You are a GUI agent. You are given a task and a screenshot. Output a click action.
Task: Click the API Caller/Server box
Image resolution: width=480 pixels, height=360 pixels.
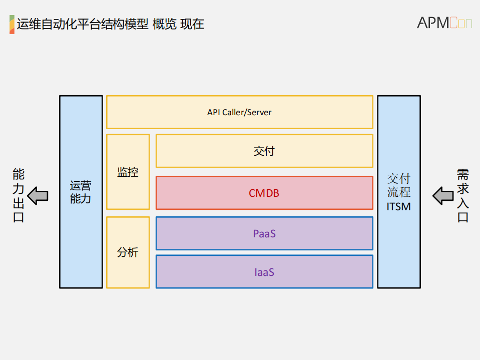pyautogui.click(x=239, y=112)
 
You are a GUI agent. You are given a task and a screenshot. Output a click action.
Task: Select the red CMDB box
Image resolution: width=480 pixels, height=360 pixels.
pyautogui.click(x=264, y=193)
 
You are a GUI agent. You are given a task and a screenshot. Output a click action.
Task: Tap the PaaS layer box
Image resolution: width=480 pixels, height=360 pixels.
pyautogui.click(x=264, y=233)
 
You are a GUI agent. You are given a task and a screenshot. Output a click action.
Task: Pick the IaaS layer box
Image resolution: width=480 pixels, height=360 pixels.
pyautogui.click(x=264, y=272)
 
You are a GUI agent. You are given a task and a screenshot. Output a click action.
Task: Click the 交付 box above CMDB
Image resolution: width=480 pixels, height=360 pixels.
pyautogui.click(x=264, y=151)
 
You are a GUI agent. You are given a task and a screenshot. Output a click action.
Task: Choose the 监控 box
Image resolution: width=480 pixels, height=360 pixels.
pyautogui.click(x=128, y=172)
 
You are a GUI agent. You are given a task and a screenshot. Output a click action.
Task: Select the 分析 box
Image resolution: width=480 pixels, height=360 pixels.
pyautogui.click(x=128, y=252)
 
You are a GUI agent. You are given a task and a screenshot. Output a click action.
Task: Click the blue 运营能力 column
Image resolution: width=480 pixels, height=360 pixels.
pyautogui.click(x=81, y=192)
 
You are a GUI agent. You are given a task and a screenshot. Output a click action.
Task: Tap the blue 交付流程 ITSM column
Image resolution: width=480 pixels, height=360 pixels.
pyautogui.click(x=398, y=192)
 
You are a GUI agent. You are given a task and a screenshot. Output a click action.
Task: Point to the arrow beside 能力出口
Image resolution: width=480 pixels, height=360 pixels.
pyautogui.click(x=38, y=195)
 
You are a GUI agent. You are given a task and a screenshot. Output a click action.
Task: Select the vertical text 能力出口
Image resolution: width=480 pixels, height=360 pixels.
pyautogui.click(x=19, y=196)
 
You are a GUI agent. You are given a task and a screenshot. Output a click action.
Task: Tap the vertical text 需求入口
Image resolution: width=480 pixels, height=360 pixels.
pyautogui.click(x=462, y=196)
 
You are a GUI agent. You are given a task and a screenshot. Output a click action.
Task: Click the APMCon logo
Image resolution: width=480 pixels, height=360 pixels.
pyautogui.click(x=444, y=23)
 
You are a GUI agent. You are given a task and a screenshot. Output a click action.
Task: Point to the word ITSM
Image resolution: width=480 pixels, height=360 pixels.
pyautogui.click(x=398, y=206)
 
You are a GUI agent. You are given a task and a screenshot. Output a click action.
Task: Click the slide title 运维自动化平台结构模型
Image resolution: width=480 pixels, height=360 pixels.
pyautogui.click(x=83, y=24)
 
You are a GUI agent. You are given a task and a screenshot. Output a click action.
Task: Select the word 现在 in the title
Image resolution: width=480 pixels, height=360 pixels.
pyautogui.click(x=192, y=24)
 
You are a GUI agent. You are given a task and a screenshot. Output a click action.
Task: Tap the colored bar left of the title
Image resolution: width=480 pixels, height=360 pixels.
pyautogui.click(x=12, y=24)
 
